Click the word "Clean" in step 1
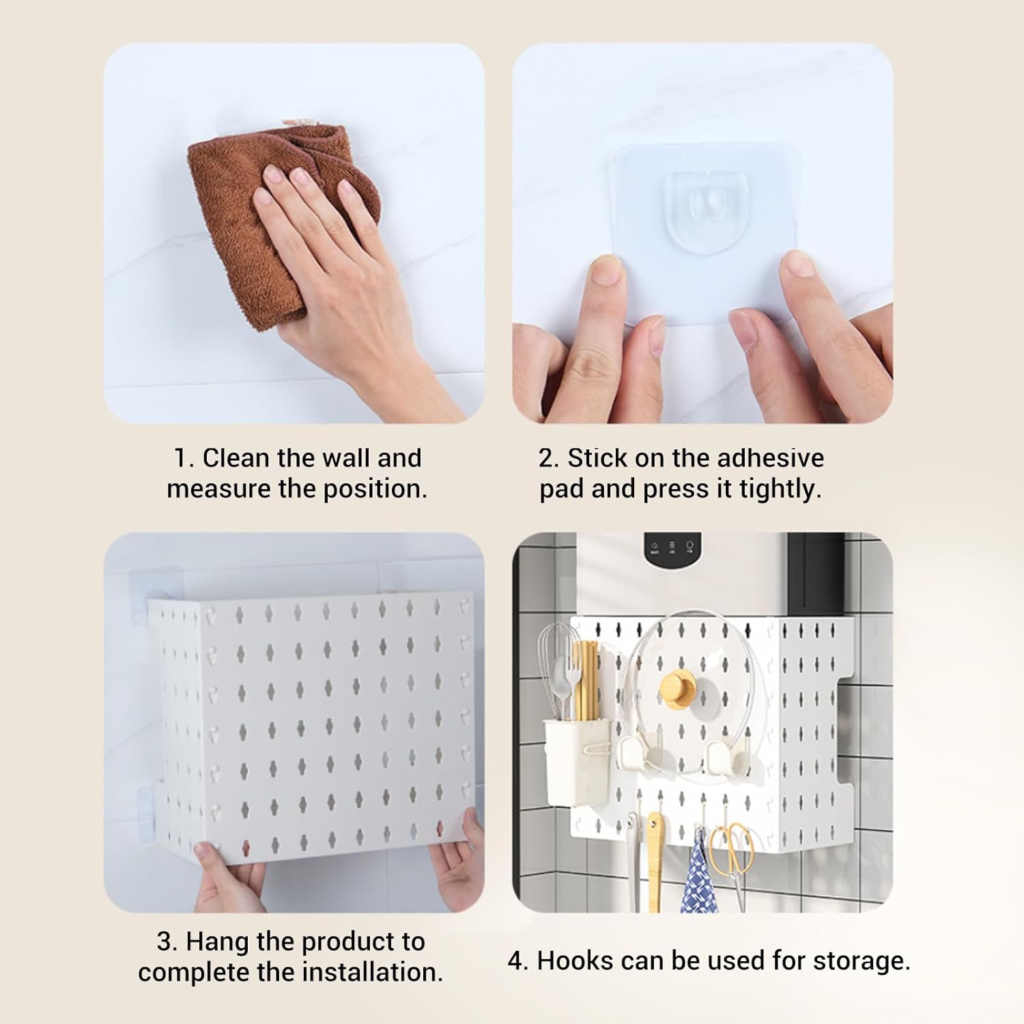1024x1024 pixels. pos(232,458)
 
